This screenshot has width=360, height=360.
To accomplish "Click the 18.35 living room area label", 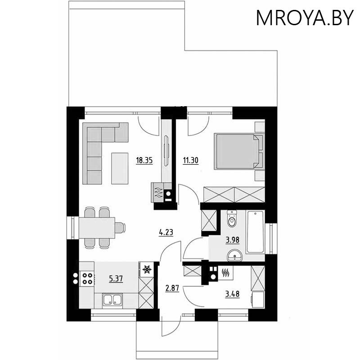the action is coord(144,160).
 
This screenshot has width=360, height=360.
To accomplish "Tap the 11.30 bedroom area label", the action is coord(190,160).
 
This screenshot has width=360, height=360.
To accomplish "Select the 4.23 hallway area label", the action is coord(166,232).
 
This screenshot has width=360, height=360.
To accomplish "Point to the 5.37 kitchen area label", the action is coord(116,279).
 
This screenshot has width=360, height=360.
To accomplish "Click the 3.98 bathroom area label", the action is coord(233,240).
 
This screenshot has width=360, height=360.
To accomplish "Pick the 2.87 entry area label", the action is coord(172,288).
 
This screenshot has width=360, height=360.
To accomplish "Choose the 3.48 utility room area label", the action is coord(232,294).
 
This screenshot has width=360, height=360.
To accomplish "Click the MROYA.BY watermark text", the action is coord(305,18).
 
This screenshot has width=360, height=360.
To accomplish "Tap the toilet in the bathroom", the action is coord(232,219).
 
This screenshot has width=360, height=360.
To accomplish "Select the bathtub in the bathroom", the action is coord(255,232).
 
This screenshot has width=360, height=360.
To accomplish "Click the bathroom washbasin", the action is coord(234,256).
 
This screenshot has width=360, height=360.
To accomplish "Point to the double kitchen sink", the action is coord(112,300).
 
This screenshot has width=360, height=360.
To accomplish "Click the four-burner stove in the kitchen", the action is coord(87,279).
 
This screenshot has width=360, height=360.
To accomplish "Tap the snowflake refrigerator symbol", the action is coord(147,269).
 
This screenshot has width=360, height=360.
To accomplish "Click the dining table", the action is coord(97,228).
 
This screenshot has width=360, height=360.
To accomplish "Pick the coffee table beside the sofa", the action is coord(120,168).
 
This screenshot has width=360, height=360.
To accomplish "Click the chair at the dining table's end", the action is coord(120,228).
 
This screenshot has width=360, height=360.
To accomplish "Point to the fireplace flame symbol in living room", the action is coord(158,193).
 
